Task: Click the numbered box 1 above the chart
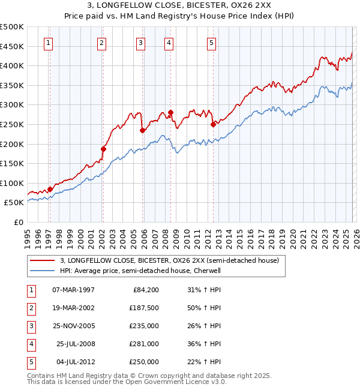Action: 48,43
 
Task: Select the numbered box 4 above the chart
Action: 169,43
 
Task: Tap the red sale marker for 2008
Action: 170,112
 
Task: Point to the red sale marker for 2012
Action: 213,125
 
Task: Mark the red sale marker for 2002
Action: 103,149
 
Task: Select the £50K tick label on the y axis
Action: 14,203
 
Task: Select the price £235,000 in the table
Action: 144,326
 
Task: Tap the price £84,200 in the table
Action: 146,290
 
